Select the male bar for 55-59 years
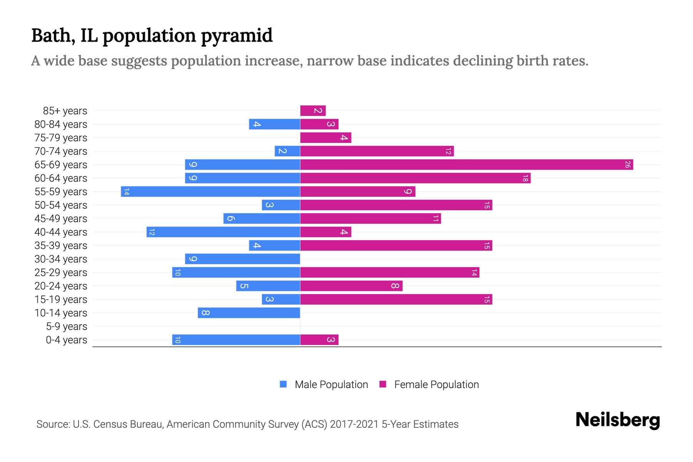210,192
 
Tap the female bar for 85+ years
313,111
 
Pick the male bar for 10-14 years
249,313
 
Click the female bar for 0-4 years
319,340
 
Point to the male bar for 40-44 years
223,232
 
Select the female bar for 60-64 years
415,178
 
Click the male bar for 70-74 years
287,151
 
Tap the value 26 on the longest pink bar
628,165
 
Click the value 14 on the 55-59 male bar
126,192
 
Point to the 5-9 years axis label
66,326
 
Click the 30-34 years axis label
61,259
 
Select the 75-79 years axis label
61,138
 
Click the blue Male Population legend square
283,384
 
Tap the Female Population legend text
436,384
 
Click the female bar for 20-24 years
351,286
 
